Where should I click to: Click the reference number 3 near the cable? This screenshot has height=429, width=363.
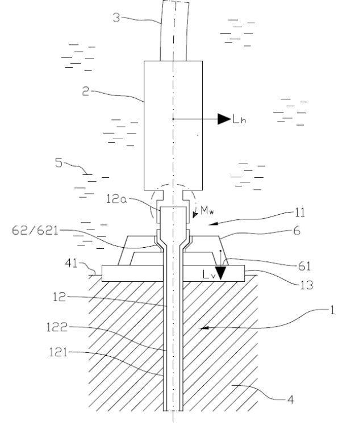[x=116, y=18]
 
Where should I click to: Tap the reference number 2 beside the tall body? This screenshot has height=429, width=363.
[x=86, y=91]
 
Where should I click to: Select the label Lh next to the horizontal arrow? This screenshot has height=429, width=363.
[x=239, y=119]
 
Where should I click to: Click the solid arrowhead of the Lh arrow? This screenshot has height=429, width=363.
[x=224, y=119]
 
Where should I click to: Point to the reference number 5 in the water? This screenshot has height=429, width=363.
[x=59, y=163]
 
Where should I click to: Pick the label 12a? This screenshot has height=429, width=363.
[x=116, y=199]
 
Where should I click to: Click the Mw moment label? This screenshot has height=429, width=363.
[x=207, y=210]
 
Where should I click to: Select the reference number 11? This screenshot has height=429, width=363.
[x=299, y=213]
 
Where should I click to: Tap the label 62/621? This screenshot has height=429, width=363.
[x=35, y=230]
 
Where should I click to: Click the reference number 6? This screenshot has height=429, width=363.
[x=297, y=231]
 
